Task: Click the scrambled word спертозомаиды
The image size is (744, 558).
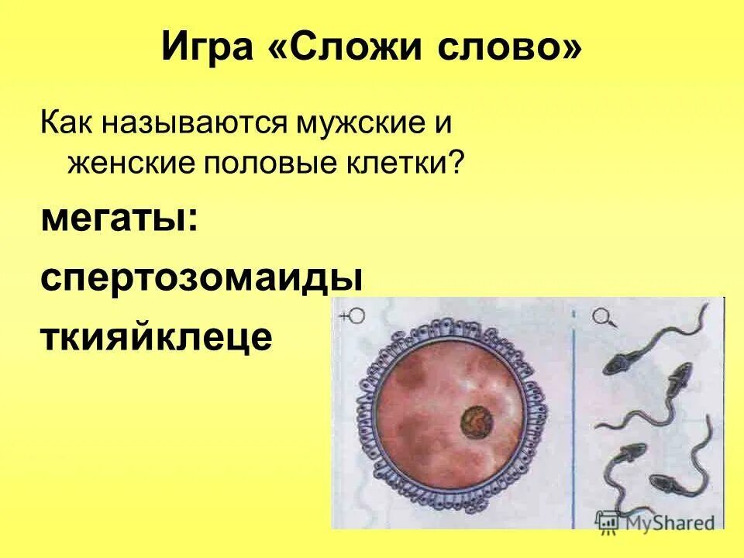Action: [x=201, y=277]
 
